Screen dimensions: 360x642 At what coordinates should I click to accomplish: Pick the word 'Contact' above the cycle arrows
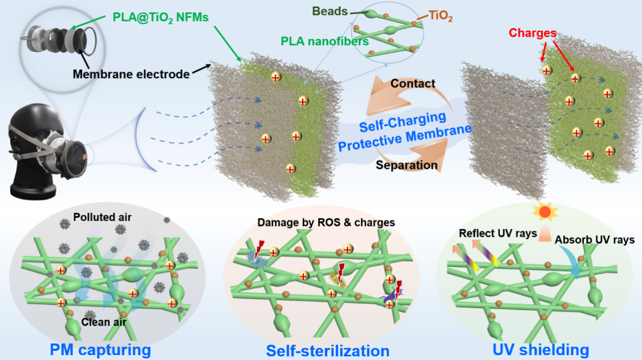point(412,83)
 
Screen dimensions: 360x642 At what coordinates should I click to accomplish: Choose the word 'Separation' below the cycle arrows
point(406,165)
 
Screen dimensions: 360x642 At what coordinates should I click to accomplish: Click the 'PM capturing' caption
point(100,349)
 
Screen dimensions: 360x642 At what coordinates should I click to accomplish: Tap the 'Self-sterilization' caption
point(327,351)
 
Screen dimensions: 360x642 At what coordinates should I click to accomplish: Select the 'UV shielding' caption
point(542,349)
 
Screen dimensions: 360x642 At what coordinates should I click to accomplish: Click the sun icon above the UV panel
point(545,212)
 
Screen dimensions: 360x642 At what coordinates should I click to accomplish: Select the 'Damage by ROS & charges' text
point(326,222)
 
